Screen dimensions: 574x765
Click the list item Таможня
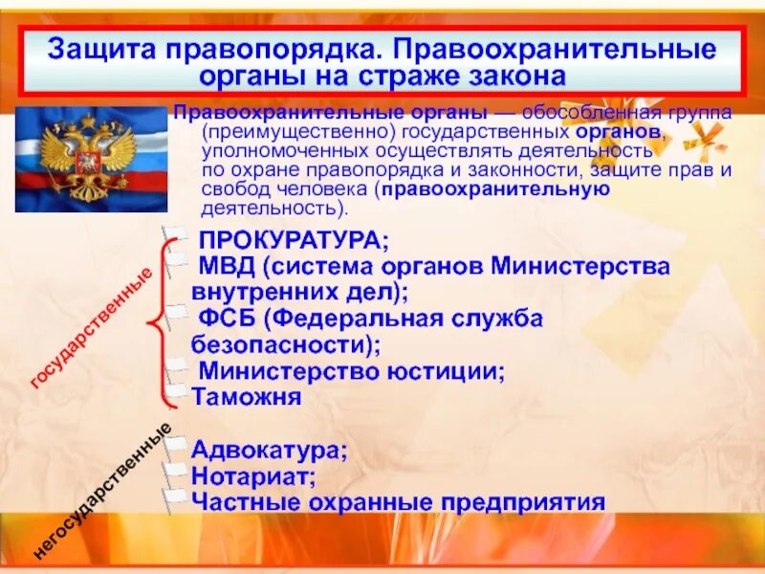[x=247, y=395]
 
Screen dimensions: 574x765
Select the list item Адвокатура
[x=269, y=449]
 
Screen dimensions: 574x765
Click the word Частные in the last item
[x=244, y=500]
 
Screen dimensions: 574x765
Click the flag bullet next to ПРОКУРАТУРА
[x=174, y=236]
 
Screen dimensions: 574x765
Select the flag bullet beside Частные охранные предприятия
[x=174, y=497]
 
